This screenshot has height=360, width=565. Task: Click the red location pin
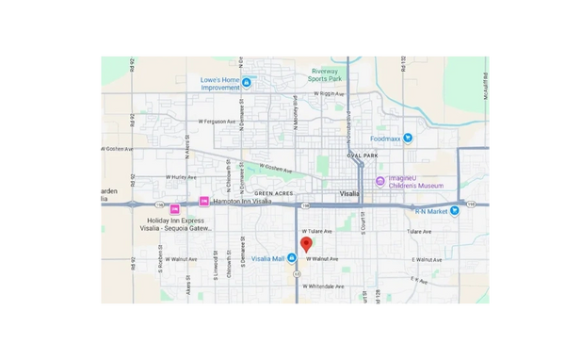[x=306, y=243]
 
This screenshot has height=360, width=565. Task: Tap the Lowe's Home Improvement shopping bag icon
[x=247, y=83]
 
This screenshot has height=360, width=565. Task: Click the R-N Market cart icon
[x=455, y=210]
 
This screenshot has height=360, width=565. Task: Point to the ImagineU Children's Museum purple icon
[x=379, y=181]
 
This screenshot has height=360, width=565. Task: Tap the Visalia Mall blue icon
[x=294, y=257]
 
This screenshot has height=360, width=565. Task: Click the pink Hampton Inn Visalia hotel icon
[x=203, y=201]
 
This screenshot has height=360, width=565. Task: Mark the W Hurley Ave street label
[x=182, y=176]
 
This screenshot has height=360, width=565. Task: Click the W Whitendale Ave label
[x=323, y=286]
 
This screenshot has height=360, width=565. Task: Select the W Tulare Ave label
[x=318, y=231]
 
